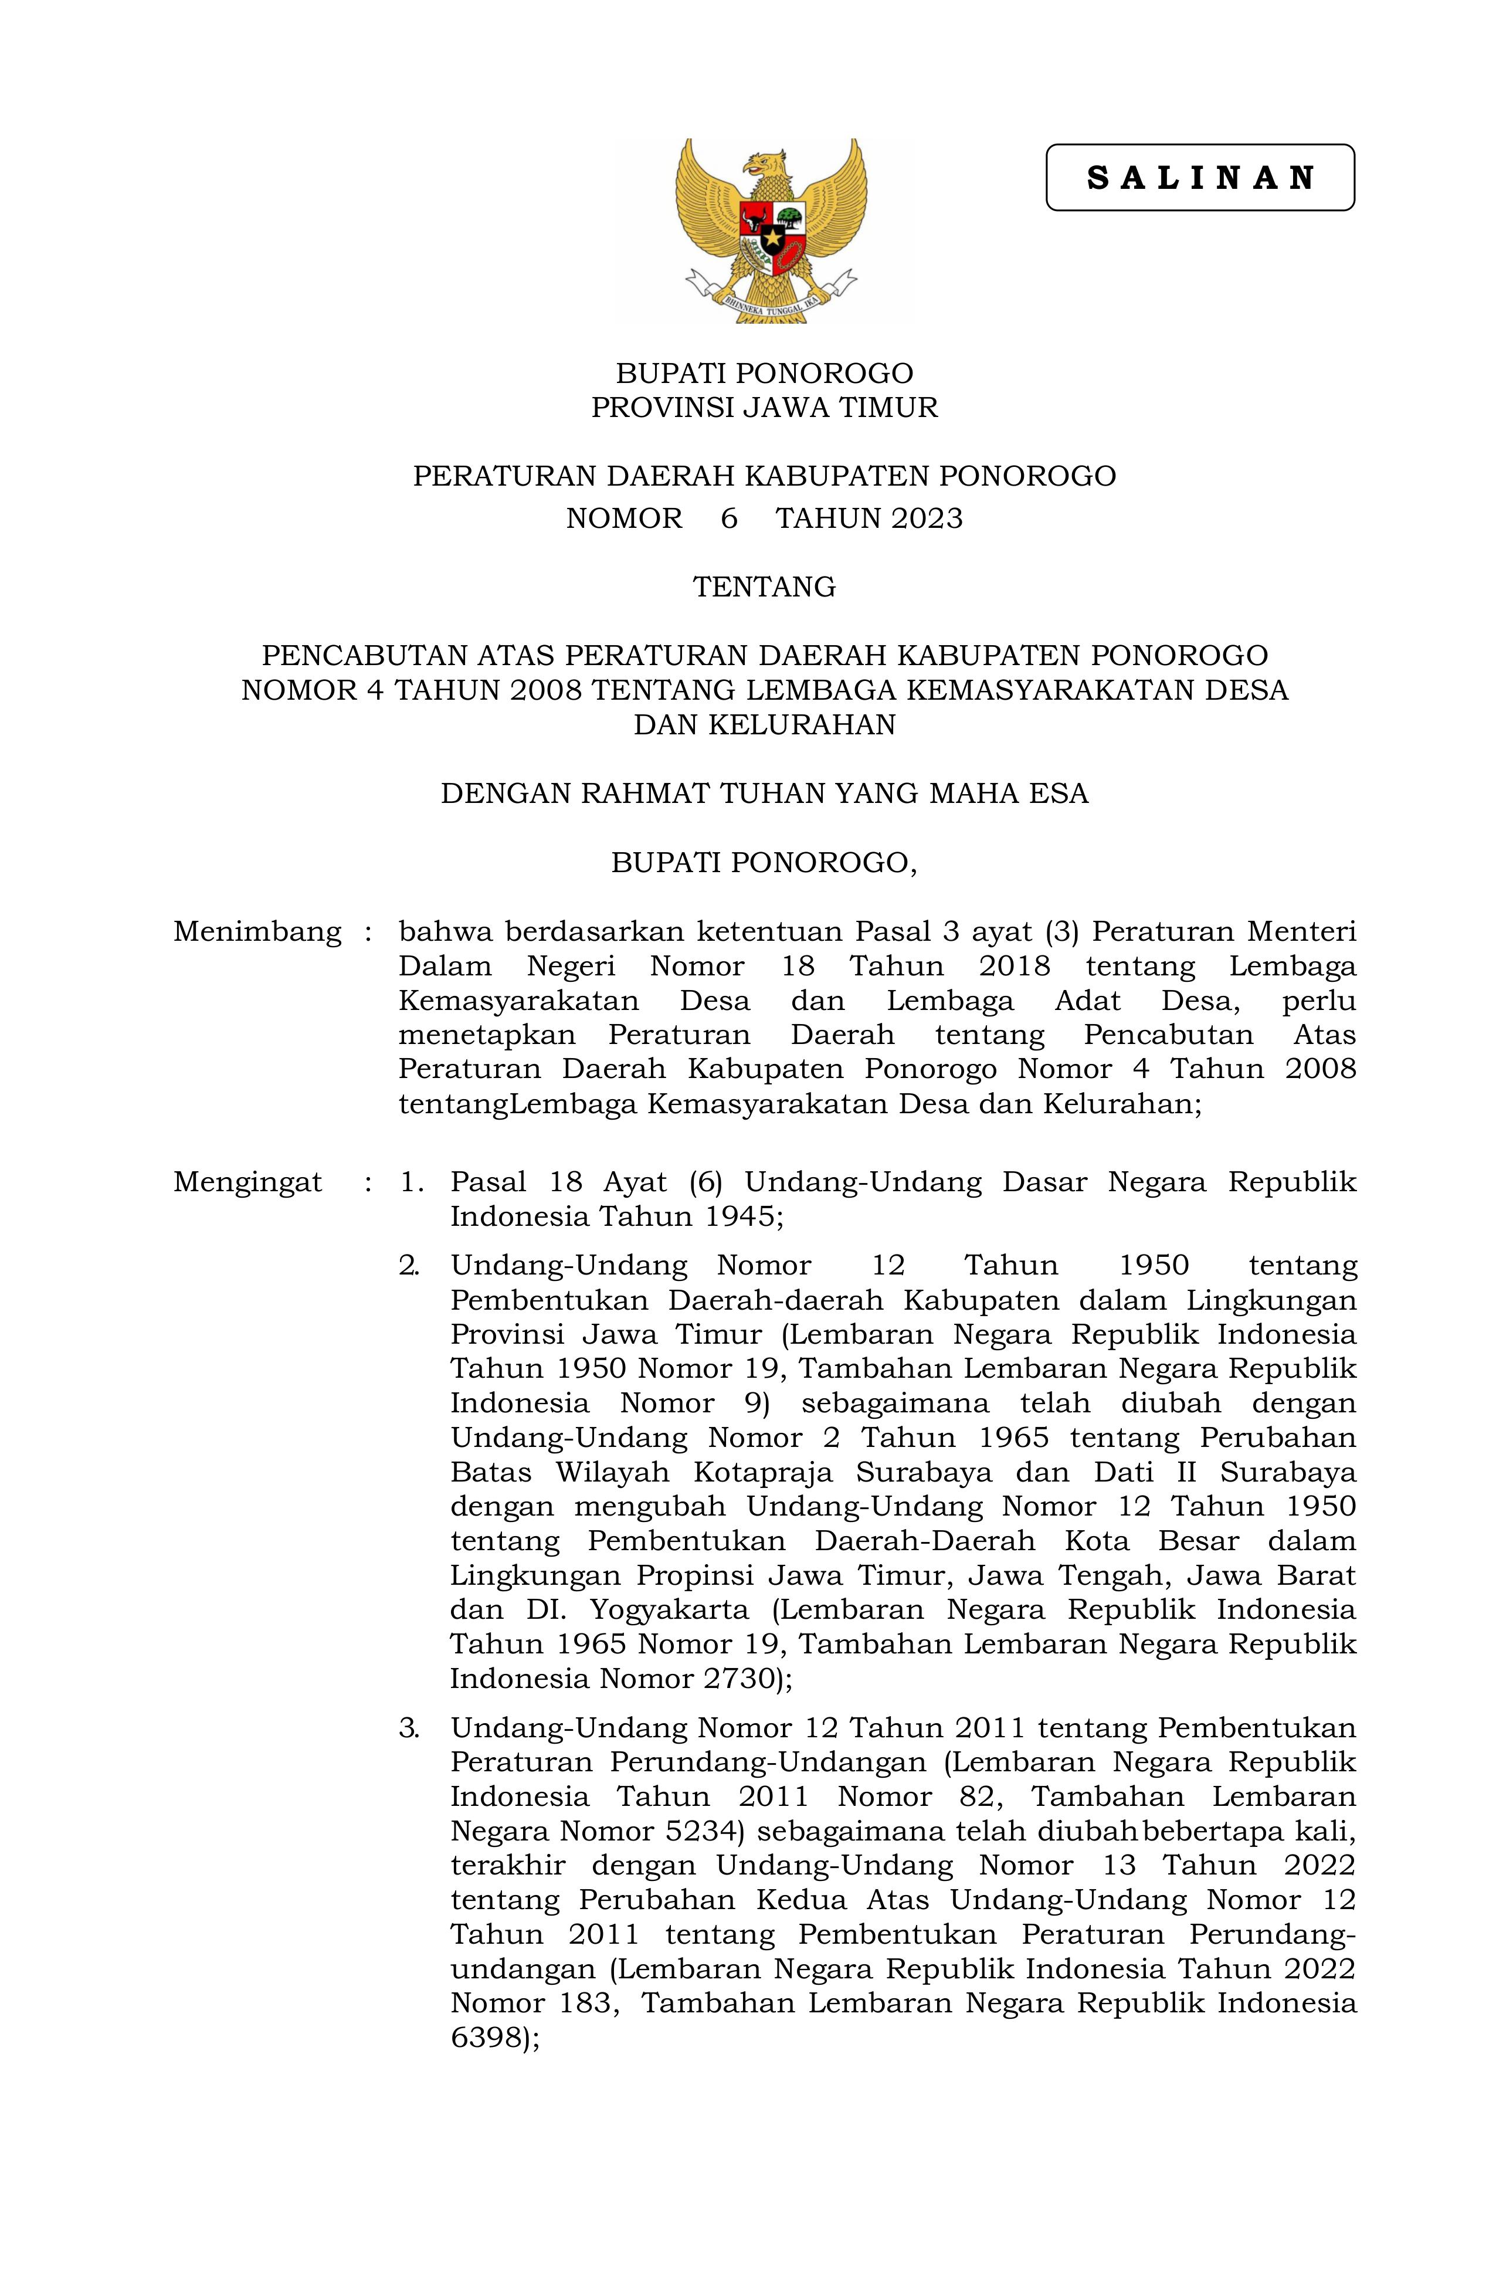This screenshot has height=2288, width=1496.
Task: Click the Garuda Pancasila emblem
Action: point(771,231)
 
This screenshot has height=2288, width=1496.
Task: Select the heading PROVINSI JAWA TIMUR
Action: point(764,408)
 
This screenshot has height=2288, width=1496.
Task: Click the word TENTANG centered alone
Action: point(764,587)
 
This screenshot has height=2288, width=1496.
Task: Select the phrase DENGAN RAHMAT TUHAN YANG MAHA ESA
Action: point(764,793)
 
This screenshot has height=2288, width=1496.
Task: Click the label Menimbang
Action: point(257,931)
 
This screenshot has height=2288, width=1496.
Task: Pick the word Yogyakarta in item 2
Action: point(663,1609)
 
